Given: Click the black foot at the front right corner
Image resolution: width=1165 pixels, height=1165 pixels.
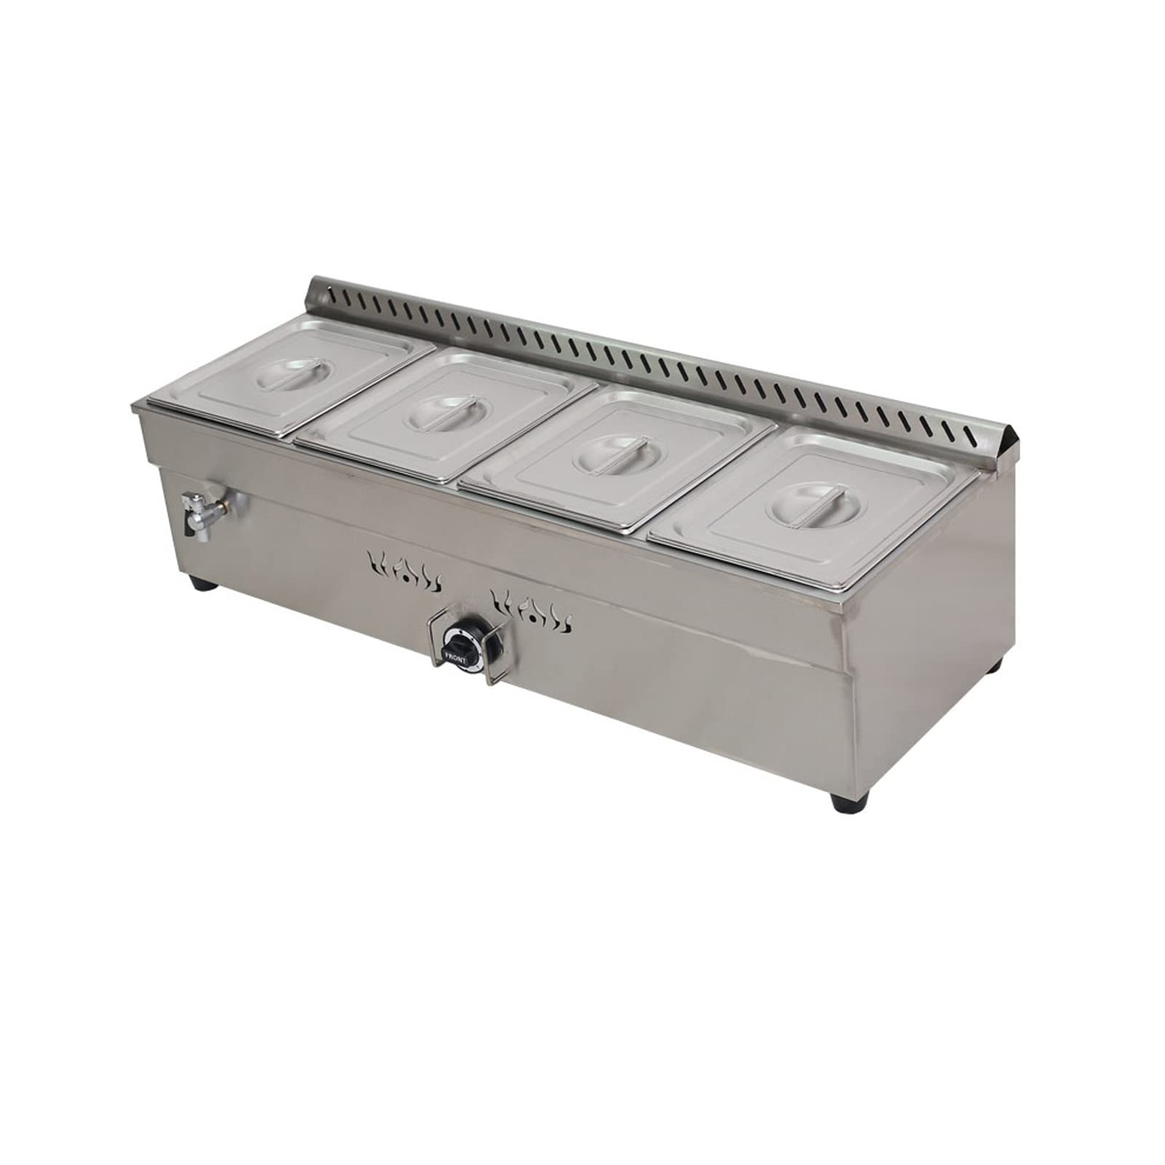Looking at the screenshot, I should click(x=843, y=824).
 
